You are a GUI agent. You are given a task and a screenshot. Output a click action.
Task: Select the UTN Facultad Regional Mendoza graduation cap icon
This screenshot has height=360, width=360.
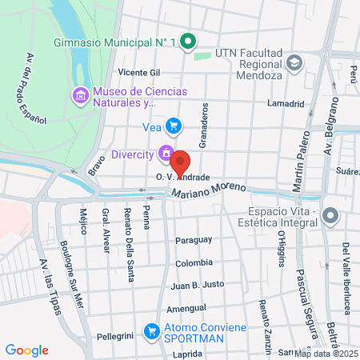295,62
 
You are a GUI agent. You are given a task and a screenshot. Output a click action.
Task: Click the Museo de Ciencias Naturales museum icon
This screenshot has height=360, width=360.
80,97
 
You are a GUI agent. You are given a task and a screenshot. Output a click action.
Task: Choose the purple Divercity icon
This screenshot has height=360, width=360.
165,151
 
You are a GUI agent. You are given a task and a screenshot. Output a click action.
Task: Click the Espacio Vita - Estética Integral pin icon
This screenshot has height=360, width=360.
332,216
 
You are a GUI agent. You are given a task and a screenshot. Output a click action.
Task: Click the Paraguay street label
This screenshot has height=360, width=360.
193,240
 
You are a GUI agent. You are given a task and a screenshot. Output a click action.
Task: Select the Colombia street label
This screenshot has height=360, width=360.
194,262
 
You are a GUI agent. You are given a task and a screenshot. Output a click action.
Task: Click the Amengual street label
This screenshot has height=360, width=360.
186,308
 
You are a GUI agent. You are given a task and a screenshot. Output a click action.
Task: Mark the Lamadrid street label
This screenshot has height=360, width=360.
286,104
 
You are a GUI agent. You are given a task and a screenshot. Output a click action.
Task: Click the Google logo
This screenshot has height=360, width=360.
27,350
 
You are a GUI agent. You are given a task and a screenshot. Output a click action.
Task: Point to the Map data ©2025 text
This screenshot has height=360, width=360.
326,354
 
